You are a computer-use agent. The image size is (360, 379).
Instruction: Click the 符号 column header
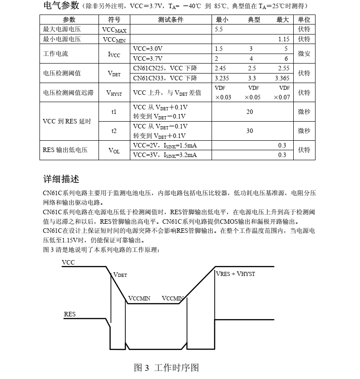(x=114, y=20)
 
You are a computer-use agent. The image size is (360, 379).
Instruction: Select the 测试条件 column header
(x=171, y=20)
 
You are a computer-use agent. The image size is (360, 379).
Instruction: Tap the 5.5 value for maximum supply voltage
(x=219, y=30)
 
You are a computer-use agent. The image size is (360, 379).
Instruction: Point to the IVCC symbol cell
(x=114, y=54)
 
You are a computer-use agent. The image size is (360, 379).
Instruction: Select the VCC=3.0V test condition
(x=148, y=49)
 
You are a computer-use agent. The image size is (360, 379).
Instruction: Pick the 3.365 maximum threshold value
(x=282, y=78)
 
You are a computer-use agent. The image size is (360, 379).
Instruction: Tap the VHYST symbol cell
(x=114, y=93)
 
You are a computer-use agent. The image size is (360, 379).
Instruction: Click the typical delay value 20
(x=250, y=112)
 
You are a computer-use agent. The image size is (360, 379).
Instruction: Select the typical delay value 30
(x=250, y=131)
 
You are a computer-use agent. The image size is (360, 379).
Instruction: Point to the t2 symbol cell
(x=114, y=131)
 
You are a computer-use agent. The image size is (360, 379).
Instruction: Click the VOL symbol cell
(x=114, y=150)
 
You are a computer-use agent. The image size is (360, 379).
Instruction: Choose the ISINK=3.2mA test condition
(x=165, y=155)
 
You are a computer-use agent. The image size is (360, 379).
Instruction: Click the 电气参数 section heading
(x=61, y=6)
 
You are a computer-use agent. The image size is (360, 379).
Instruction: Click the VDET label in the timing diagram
(x=120, y=275)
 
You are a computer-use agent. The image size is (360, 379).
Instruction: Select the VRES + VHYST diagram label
(x=236, y=274)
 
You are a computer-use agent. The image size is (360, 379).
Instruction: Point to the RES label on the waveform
(x=69, y=314)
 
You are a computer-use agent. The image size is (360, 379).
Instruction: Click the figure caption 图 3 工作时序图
(x=167, y=368)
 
